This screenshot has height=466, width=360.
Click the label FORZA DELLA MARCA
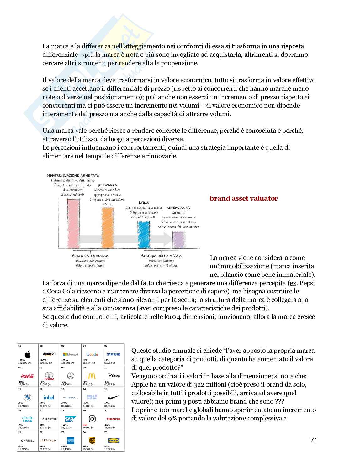(90, 256)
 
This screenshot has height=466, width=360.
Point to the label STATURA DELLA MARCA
(161, 256)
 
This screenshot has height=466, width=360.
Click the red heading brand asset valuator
(244, 198)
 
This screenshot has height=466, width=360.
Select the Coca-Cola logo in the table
(27, 376)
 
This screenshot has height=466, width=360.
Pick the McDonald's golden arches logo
(92, 376)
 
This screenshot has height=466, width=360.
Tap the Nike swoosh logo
(113, 397)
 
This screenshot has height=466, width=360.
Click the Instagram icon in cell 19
(92, 419)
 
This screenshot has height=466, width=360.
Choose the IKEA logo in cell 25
(113, 440)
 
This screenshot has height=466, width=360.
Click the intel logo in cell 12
(49, 397)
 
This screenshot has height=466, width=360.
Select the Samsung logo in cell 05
(113, 355)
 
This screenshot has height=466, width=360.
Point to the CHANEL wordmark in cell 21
(27, 441)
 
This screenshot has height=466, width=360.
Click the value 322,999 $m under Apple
(25, 363)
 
